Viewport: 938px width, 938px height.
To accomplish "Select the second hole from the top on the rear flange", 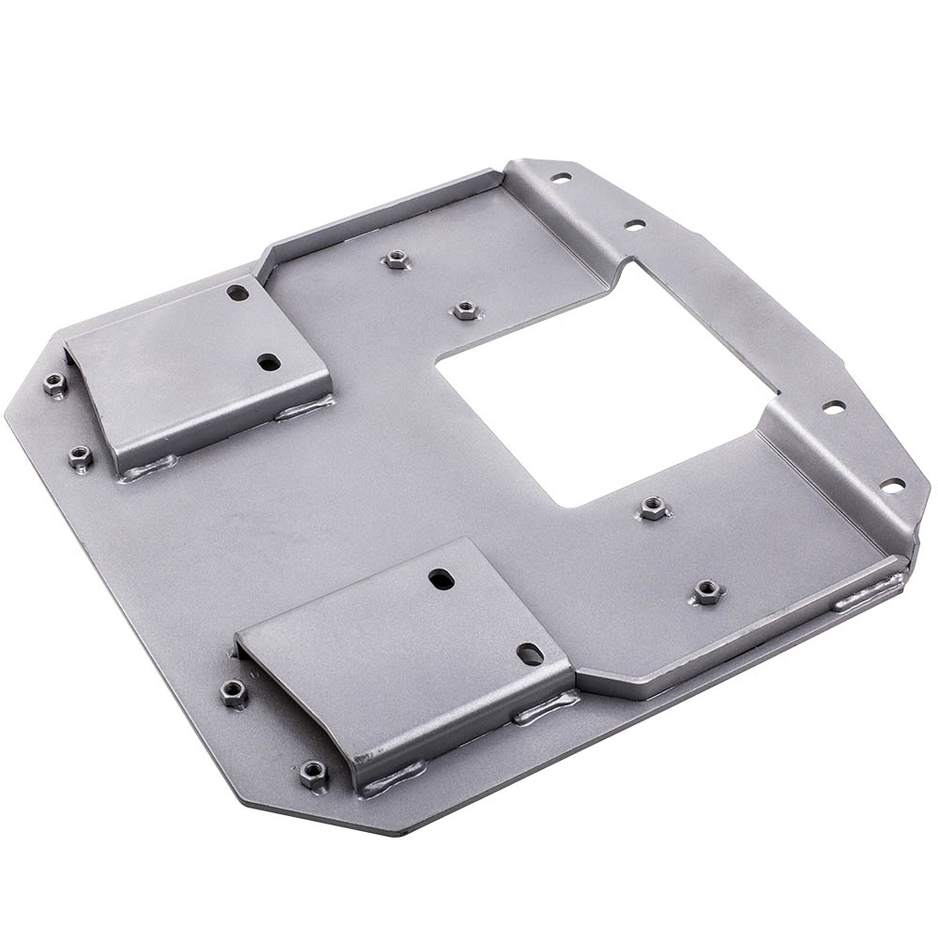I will (x=635, y=225).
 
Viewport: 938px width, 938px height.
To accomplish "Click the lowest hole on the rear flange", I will (x=892, y=485).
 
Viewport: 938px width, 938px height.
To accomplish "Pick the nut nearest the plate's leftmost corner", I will (x=55, y=384).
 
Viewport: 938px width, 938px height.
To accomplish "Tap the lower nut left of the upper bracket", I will (x=81, y=458).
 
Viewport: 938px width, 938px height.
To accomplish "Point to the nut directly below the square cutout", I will (x=654, y=508).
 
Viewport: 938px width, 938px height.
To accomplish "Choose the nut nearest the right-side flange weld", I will (x=707, y=591).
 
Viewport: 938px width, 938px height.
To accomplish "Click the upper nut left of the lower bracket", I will (x=234, y=693).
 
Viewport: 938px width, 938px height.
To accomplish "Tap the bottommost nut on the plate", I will (x=314, y=774).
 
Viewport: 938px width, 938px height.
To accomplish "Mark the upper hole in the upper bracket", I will (x=238, y=293).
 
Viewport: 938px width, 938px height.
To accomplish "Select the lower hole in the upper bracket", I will (x=269, y=361).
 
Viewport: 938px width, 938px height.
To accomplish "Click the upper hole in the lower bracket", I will (x=441, y=580).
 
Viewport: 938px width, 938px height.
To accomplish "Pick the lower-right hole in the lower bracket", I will (x=530, y=654).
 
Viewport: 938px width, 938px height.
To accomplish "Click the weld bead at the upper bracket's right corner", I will (x=305, y=408).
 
